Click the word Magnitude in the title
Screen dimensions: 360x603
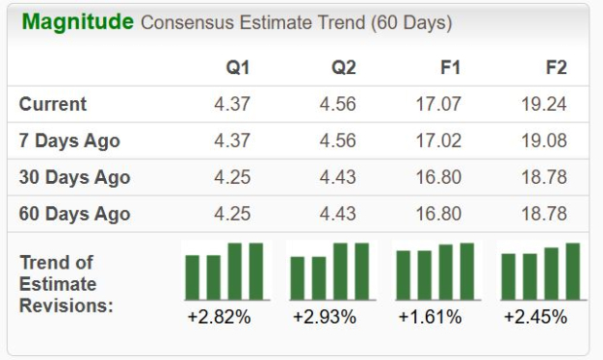tap(78, 22)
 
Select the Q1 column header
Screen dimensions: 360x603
tap(238, 68)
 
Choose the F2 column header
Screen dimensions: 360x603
tap(556, 68)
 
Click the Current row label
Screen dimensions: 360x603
tap(53, 104)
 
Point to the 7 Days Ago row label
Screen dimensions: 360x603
tap(70, 140)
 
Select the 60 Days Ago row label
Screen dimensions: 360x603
tap(75, 213)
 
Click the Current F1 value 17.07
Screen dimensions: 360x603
tap(440, 104)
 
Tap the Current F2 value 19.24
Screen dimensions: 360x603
tap(545, 104)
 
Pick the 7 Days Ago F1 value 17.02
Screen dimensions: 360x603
tap(440, 140)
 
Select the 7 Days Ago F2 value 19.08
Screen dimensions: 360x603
tap(545, 140)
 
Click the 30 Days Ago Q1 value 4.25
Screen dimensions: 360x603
tap(232, 177)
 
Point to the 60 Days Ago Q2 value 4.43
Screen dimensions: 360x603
tap(337, 213)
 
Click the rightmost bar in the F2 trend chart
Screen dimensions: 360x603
tap(572, 271)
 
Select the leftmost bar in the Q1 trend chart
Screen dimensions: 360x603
tap(192, 277)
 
